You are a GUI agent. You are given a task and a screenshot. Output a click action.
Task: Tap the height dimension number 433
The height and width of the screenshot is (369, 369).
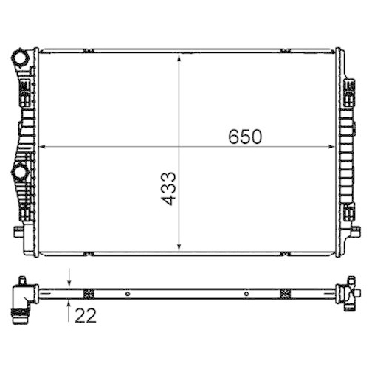[168, 188]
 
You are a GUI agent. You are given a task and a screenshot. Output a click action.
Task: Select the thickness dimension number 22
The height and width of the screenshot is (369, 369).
[86, 315]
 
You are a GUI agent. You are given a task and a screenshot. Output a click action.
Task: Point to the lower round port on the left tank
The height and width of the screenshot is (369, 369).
[19, 173]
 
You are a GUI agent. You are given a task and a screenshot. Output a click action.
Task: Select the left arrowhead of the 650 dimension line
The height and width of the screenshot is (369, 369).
[41, 146]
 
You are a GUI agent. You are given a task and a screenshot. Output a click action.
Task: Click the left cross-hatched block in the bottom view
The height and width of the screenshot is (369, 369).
[90, 293]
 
